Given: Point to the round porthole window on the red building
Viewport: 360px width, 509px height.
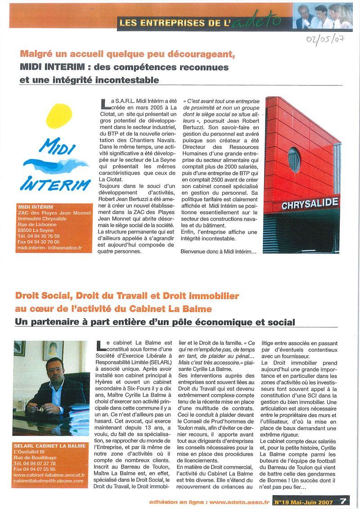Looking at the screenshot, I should click(294, 160).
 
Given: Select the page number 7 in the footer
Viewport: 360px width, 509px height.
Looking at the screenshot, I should click(343, 500).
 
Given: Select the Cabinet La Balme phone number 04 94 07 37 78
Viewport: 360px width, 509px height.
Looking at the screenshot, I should click(35, 463).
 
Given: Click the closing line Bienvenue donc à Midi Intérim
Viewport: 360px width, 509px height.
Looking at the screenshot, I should click(218, 251).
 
